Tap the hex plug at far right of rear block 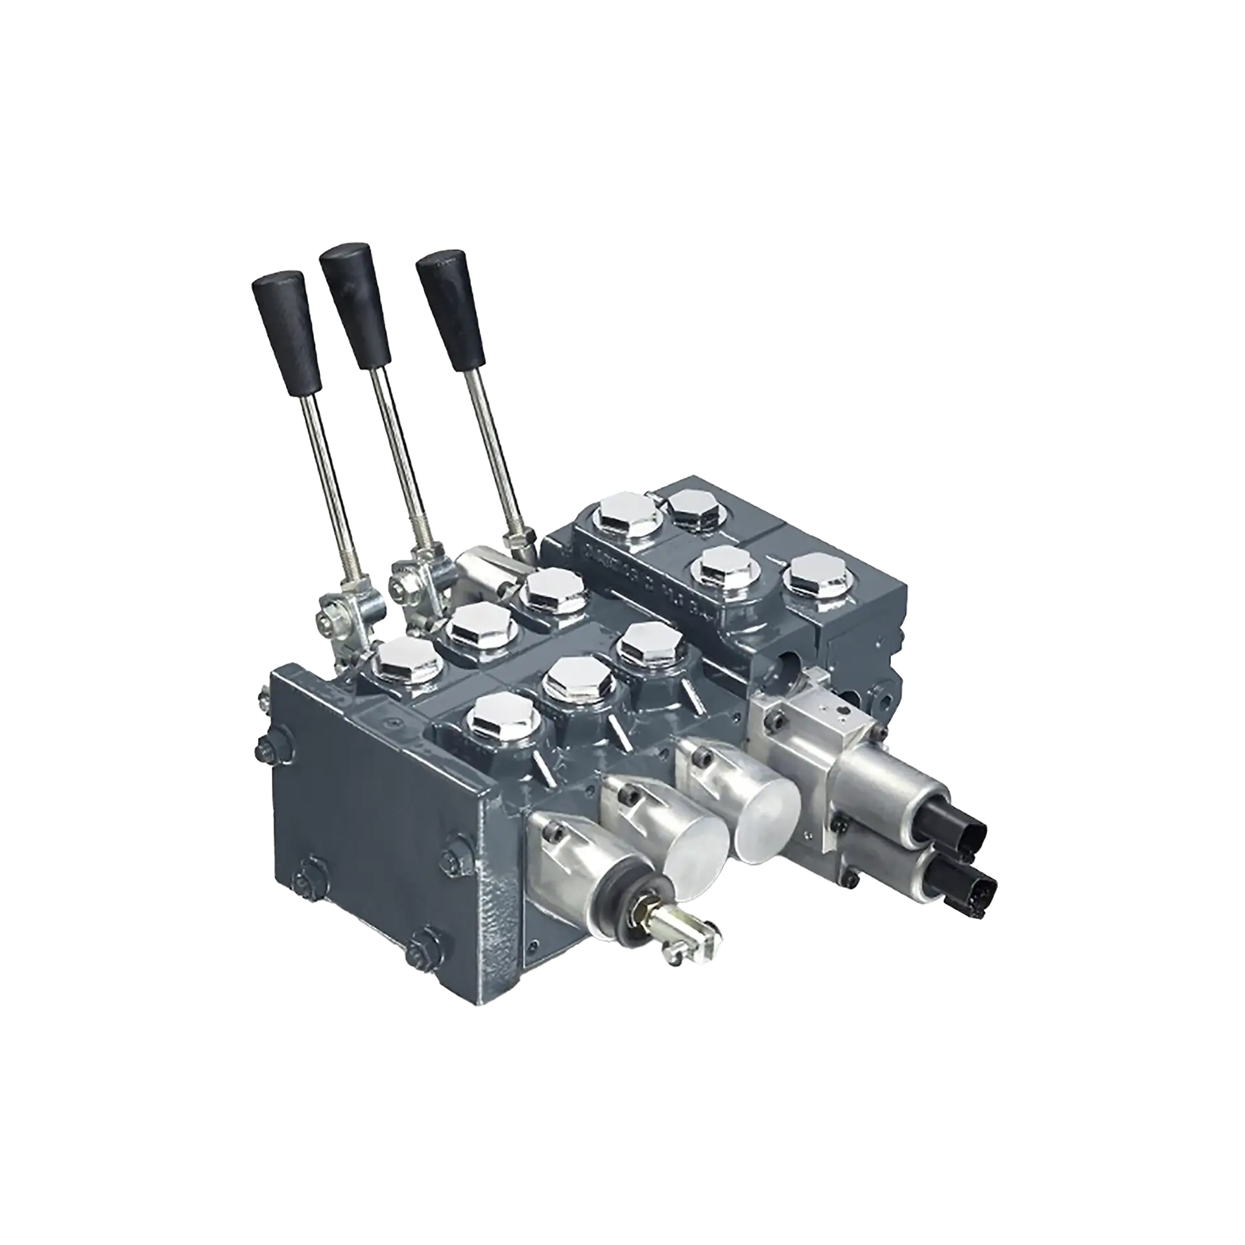click(817, 574)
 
